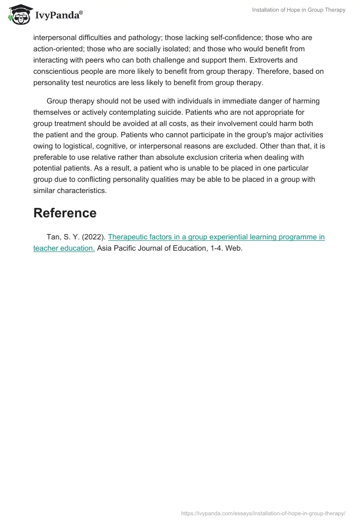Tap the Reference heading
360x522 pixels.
65,213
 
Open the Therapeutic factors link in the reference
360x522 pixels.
216,237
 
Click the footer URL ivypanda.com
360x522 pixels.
263,513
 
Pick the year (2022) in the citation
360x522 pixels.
94,237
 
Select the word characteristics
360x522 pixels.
81,191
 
